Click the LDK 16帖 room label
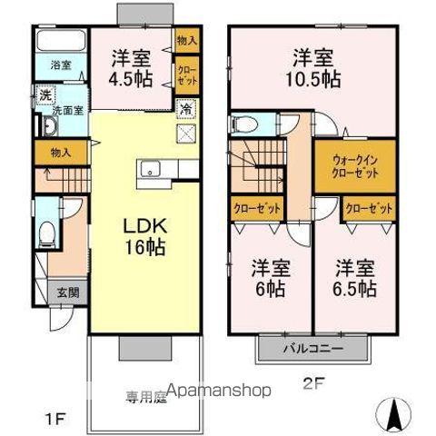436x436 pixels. click(x=144, y=235)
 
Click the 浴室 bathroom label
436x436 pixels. click(x=61, y=65)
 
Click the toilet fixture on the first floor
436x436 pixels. click(x=47, y=234)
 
